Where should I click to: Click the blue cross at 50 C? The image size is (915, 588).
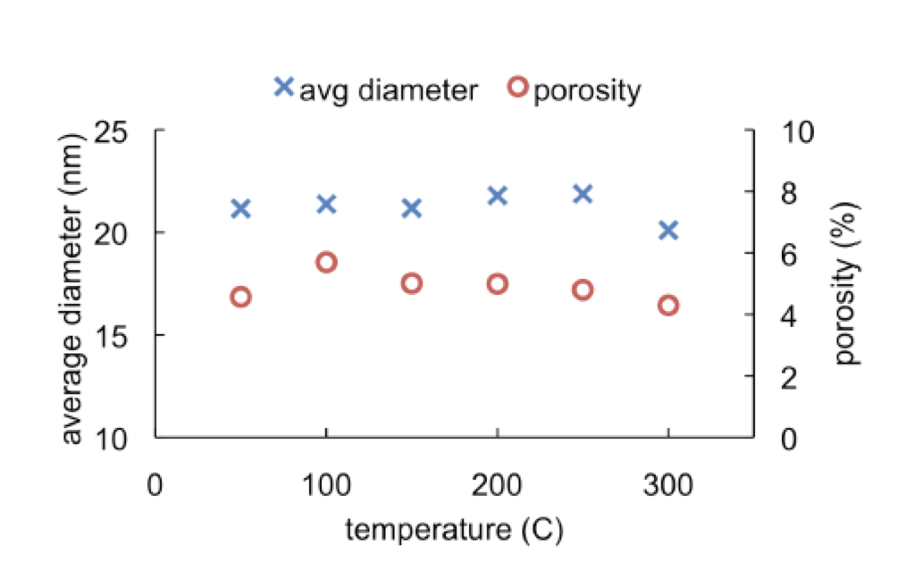240,208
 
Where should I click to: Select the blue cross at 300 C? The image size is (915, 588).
668,231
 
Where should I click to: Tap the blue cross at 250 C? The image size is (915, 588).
583,194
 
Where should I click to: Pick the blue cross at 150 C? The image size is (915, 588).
412,208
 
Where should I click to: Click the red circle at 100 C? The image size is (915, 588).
326,262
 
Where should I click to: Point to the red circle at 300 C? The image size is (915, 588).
668,306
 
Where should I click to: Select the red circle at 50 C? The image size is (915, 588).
240,297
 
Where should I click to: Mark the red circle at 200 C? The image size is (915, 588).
498,283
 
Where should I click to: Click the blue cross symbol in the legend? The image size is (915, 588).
283,87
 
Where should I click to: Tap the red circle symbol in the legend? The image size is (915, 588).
517,87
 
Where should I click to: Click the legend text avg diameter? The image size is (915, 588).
388,90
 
